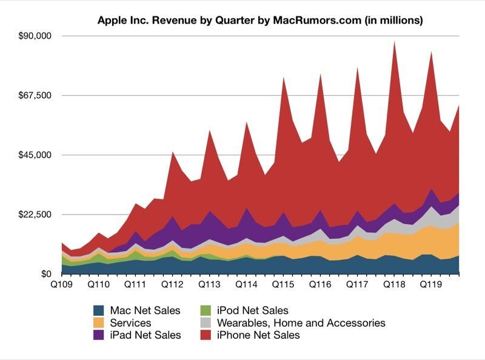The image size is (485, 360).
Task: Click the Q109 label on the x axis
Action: (x=61, y=284)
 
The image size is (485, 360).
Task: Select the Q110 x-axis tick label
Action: (x=98, y=284)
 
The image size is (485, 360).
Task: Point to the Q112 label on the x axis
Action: (x=172, y=284)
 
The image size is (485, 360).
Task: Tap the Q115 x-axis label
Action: (x=283, y=284)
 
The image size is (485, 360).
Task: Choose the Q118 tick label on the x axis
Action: (x=394, y=284)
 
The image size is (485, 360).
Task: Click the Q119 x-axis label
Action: (x=431, y=284)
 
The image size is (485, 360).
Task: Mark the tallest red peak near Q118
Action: (x=395, y=42)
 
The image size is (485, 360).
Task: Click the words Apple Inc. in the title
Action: (x=121, y=21)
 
